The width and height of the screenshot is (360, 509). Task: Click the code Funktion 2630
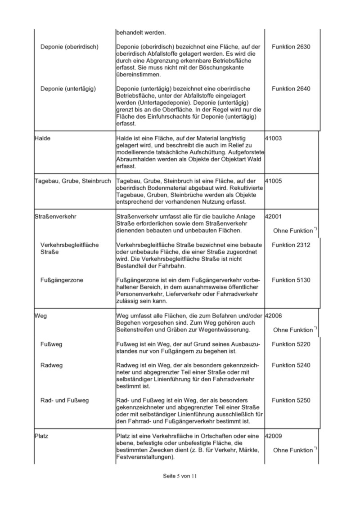coord(291,47)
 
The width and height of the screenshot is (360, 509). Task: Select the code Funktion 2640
coord(291,89)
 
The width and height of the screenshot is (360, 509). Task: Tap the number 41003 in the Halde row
coord(274,138)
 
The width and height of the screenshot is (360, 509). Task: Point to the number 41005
coord(274,181)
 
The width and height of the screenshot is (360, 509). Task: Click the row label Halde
coord(42,138)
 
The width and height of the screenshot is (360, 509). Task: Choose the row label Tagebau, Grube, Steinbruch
coord(72,181)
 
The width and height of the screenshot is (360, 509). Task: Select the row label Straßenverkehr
coord(55,216)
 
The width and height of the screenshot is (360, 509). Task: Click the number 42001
coord(274,216)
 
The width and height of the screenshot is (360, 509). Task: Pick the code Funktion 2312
coord(291,245)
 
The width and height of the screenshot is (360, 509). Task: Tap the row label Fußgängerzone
coord(62,280)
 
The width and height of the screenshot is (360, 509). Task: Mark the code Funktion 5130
coord(291,280)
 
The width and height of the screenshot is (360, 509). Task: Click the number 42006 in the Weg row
coord(274,316)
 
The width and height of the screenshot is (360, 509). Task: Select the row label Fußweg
coord(51,344)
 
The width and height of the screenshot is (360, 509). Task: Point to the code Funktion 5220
coord(291,344)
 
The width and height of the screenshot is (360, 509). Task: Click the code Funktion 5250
coord(291,401)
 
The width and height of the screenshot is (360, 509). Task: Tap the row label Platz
coord(41,436)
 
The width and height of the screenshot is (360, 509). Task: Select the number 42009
coord(274,436)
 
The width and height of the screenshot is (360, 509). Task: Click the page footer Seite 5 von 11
coord(180,476)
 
